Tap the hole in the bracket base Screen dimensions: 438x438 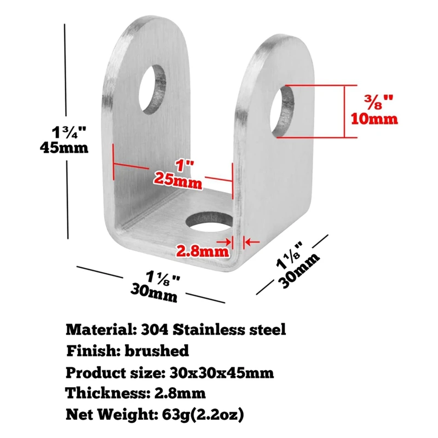pyautogui.click(x=210, y=222)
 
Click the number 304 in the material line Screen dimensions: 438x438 pyautogui.click(x=154, y=330)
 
